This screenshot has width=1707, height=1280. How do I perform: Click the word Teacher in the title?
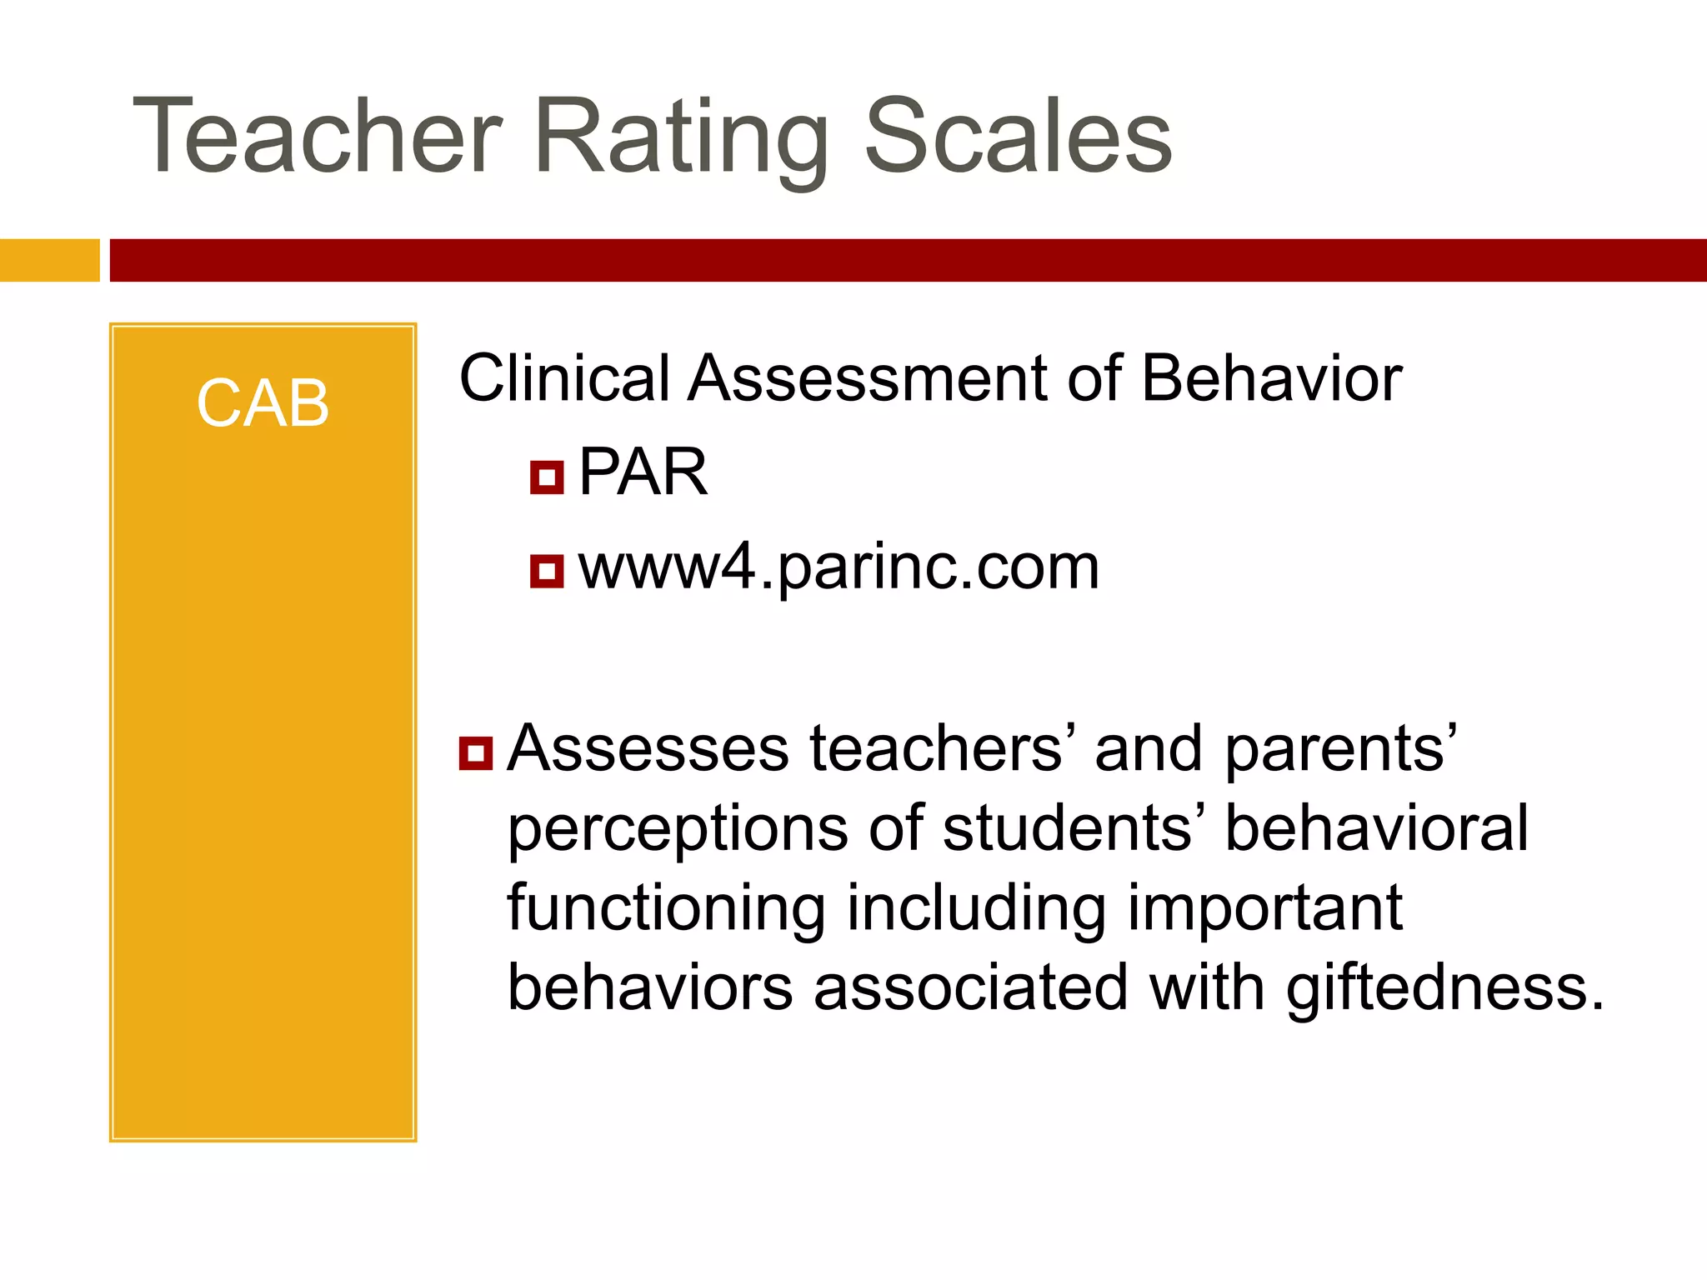(317, 137)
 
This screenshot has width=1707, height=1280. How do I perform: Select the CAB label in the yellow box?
(263, 404)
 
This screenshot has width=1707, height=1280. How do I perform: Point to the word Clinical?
(564, 379)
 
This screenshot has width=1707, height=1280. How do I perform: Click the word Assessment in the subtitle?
(867, 379)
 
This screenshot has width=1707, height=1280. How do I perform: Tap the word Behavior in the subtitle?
(1271, 379)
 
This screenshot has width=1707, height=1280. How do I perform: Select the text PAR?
(643, 472)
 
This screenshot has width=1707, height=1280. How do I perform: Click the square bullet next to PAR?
(547, 477)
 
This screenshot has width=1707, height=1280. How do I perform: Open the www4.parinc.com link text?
(838, 568)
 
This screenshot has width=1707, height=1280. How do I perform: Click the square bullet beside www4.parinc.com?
(547, 572)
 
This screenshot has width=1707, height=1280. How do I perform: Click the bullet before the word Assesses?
(476, 752)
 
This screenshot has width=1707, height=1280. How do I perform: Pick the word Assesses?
(648, 748)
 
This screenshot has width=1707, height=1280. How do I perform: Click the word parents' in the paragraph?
(1340, 748)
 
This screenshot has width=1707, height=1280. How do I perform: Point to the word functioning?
(665, 909)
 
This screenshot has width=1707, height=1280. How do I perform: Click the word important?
(1264, 909)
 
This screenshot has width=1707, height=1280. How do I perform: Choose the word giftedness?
(1444, 988)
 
